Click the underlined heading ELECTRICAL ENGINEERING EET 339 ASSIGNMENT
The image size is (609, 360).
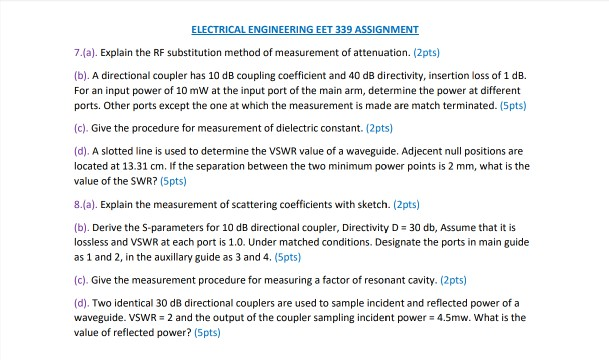(304, 29)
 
